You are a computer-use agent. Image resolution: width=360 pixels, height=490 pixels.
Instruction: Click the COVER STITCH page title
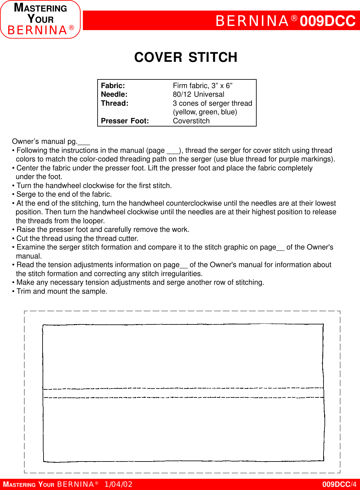[x=186, y=58]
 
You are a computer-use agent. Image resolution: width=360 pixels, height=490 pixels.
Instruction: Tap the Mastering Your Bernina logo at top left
[x=40, y=20]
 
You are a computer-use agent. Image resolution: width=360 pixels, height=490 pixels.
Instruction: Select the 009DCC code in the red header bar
[x=327, y=21]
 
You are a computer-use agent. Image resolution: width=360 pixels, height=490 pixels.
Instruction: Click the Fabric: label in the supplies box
[x=113, y=86]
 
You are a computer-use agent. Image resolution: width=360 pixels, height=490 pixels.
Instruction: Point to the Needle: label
[x=114, y=94]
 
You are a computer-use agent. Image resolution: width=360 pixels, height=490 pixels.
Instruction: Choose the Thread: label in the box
[x=115, y=103]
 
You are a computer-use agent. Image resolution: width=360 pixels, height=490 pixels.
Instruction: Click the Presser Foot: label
[x=125, y=121]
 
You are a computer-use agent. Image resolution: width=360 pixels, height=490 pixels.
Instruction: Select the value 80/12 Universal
[x=198, y=94]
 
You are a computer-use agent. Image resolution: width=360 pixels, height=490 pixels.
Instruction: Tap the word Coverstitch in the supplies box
[x=191, y=121]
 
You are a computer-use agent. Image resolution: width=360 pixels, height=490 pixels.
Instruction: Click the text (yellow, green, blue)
[x=205, y=112]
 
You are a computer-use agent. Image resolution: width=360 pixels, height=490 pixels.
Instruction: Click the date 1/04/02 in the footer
[x=118, y=484]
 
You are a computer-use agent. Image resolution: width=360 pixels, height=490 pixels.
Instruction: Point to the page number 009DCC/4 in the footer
[x=339, y=484]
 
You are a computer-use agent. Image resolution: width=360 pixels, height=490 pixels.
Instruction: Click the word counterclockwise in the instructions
[x=194, y=203]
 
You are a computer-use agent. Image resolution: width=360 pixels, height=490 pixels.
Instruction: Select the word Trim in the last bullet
[x=24, y=291]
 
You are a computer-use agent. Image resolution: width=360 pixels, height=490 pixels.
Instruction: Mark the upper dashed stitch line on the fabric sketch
[x=183, y=388]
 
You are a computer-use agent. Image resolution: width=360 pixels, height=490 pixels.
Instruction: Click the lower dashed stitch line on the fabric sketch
[x=183, y=398]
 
